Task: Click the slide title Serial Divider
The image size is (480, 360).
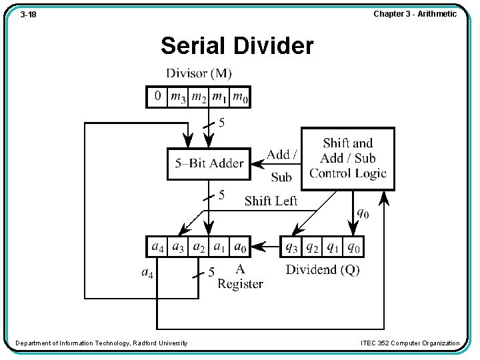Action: click(237, 46)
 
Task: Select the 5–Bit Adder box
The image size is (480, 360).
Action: click(209, 163)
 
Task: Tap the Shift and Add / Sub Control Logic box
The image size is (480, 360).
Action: click(347, 159)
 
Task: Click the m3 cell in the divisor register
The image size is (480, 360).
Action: click(178, 97)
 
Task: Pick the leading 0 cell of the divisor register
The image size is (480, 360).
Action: click(157, 97)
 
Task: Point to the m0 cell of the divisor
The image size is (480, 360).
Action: click(240, 97)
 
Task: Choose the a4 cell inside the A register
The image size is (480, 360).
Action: click(157, 247)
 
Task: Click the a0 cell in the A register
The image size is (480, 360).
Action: click(240, 247)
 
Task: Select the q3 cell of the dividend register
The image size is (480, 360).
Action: click(292, 247)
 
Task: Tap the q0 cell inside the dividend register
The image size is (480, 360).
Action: click(353, 247)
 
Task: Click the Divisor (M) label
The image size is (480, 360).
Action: click(199, 73)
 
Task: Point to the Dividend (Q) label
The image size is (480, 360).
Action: click(322, 270)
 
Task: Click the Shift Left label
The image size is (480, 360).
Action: click(271, 201)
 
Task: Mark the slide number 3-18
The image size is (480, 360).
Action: click(28, 14)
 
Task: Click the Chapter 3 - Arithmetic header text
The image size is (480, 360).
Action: click(415, 14)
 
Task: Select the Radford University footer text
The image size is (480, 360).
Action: click(101, 343)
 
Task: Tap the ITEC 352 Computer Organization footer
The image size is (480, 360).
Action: click(409, 343)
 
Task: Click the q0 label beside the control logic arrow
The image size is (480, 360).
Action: click(361, 213)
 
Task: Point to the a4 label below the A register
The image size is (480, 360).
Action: click(147, 272)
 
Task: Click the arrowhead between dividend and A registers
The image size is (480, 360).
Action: click(264, 247)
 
